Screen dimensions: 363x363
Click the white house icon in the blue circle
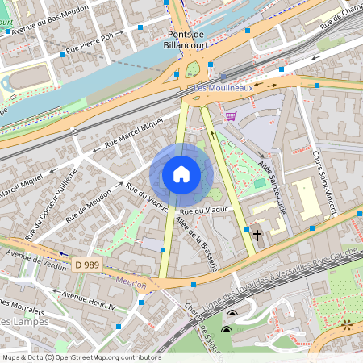(181, 174)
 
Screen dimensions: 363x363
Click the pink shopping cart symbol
(232, 116)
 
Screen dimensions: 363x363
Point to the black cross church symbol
(257, 236)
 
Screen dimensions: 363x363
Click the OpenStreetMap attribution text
(81, 357)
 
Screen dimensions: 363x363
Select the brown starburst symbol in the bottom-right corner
(348, 324)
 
